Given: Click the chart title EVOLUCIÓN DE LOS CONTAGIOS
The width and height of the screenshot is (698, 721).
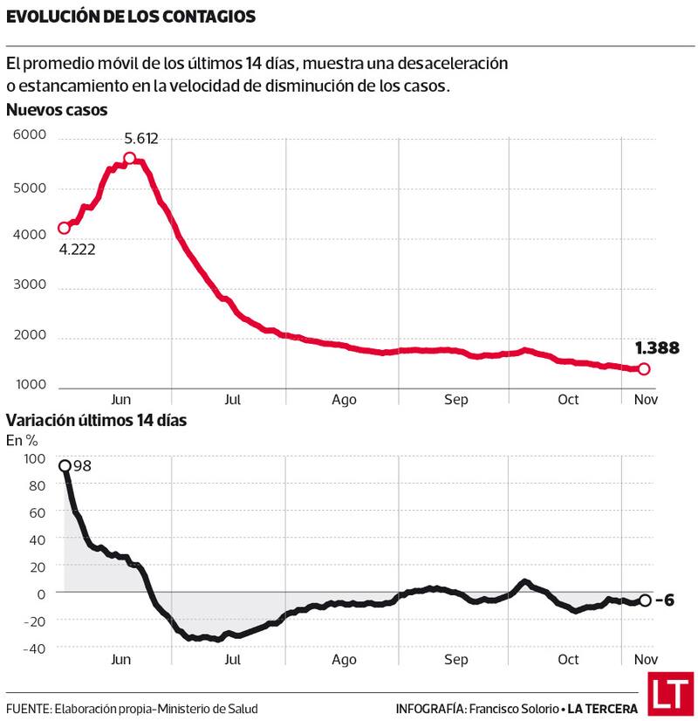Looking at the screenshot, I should (x=131, y=17).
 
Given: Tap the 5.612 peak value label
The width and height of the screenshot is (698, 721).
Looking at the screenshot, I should (x=141, y=138).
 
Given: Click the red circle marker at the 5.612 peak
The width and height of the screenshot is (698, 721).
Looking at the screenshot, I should (x=129, y=158).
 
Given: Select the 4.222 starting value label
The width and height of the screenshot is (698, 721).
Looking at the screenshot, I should (x=77, y=249).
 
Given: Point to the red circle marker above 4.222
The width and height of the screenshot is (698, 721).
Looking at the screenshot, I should (x=64, y=228).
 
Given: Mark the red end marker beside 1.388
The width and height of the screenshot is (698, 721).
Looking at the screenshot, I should (x=644, y=368).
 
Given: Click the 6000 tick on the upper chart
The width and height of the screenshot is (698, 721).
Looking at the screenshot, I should (x=29, y=135).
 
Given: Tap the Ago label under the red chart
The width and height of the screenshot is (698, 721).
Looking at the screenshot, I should (x=344, y=400).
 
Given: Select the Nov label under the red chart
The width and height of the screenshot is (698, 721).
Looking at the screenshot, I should (x=645, y=400).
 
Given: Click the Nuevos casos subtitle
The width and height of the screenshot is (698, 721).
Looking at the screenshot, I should (x=57, y=110).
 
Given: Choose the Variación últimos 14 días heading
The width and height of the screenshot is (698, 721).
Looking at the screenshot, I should (x=96, y=420).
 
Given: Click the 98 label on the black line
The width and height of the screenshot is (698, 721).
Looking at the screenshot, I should (x=82, y=465).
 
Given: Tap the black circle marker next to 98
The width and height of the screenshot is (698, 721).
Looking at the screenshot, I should (x=65, y=465).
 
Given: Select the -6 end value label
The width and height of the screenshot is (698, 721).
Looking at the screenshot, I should (x=666, y=601).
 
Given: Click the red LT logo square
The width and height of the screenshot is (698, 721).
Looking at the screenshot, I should (x=669, y=694).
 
